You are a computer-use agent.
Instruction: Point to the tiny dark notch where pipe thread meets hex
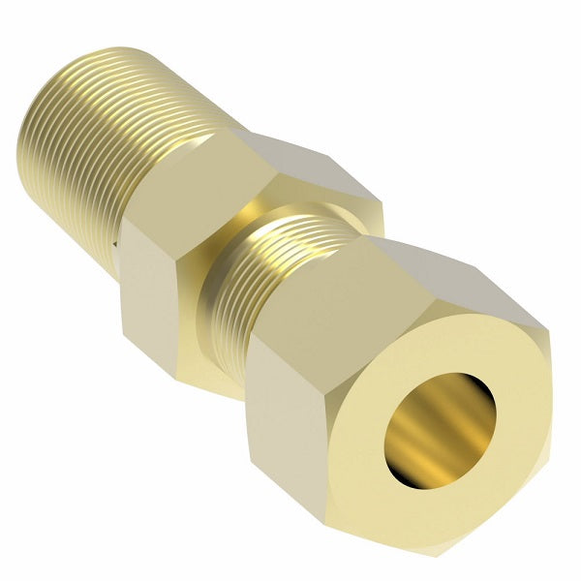coord(117,250)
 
